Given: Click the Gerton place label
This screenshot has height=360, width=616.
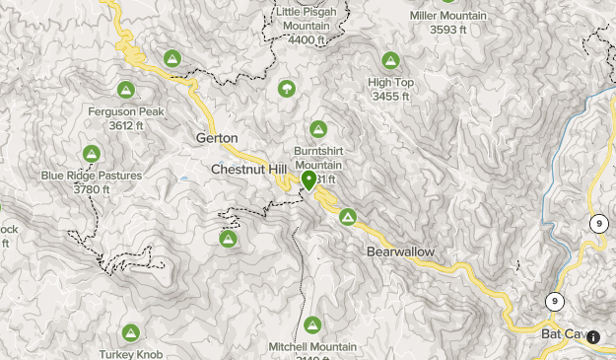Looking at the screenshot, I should tap(218, 138).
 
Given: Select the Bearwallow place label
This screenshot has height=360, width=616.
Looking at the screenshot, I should tap(400, 252).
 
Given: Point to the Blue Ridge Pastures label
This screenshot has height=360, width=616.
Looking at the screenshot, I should tap(91, 176).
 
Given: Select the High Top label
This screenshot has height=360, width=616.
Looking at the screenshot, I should tap(390, 83).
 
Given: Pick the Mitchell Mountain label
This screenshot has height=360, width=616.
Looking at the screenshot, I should tap(312, 347).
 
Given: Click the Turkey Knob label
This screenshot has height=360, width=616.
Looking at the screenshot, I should tap(130, 354).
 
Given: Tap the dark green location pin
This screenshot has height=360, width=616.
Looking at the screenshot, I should tap(309, 180).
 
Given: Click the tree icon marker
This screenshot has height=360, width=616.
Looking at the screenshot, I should tap(287, 88).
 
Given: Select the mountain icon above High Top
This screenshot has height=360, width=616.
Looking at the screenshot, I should tap(390, 60).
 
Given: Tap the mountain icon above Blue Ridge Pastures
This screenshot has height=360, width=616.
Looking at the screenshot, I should tap(91, 153).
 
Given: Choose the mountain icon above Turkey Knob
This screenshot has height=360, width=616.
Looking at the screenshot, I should tap(130, 332).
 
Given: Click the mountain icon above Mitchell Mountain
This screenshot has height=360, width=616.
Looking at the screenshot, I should tap(312, 324).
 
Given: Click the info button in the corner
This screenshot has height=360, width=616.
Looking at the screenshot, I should tap(593, 337).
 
